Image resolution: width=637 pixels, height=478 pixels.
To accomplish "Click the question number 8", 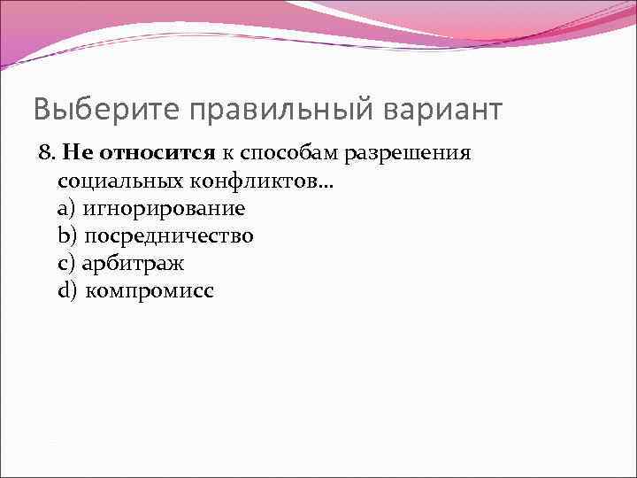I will (x=47, y=154).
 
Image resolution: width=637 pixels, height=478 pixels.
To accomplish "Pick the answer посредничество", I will (x=169, y=236).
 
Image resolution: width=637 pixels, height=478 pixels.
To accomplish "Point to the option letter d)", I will (x=67, y=291).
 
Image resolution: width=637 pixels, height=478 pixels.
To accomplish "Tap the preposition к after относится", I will (x=227, y=155).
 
